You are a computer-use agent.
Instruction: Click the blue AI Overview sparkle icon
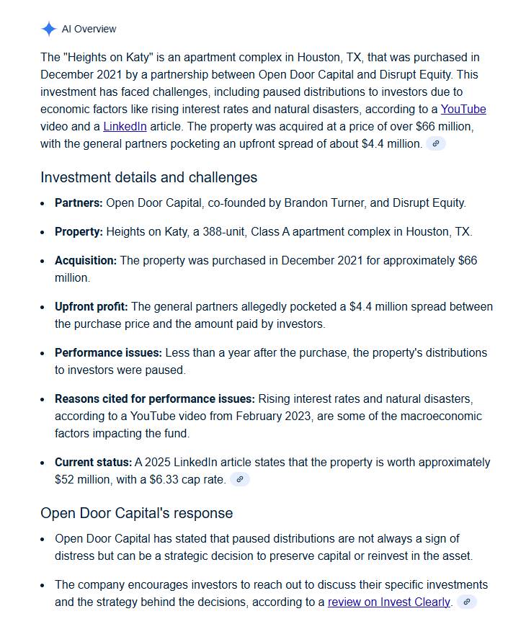[x=48, y=29]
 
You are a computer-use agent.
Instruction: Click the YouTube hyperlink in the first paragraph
[x=463, y=110]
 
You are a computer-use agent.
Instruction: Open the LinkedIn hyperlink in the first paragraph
[x=125, y=127]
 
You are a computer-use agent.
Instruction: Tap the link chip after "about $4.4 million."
[x=435, y=143]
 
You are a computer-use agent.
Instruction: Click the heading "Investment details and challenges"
[x=148, y=177]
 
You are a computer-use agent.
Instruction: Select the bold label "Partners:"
[x=79, y=203]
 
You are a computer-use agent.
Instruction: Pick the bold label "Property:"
[x=79, y=232]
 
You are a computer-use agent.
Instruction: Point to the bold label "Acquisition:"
[x=85, y=261]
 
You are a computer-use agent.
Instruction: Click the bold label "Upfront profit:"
[x=91, y=307]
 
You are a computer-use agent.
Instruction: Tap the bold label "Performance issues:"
[x=108, y=353]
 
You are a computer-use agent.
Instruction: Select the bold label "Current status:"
[x=93, y=463]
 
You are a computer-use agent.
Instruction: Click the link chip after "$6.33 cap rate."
[x=240, y=479]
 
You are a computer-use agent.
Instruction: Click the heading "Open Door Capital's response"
[x=137, y=513]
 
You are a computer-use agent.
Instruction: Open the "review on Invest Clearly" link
[x=389, y=602]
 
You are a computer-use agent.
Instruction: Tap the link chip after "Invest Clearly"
[x=467, y=602]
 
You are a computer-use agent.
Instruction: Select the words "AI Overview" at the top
[x=89, y=29]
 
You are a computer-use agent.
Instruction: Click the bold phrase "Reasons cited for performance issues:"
[x=154, y=399]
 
